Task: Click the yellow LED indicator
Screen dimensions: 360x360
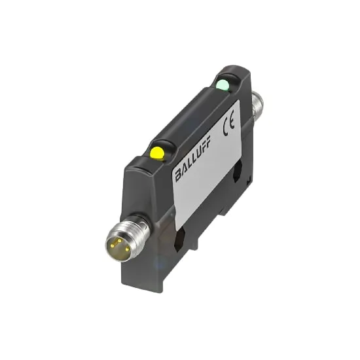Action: (156, 153)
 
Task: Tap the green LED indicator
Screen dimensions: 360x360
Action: (223, 84)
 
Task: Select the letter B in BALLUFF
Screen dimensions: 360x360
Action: (178, 174)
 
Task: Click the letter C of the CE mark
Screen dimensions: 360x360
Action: (226, 127)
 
